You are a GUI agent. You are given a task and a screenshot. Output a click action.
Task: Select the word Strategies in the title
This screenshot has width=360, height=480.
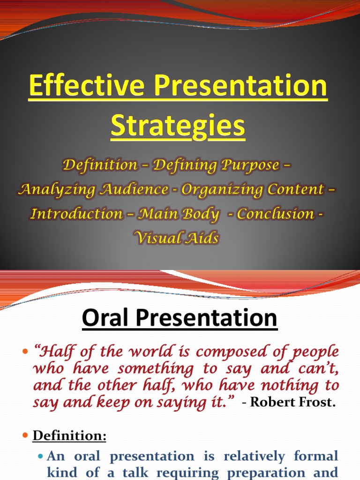tap(178, 125)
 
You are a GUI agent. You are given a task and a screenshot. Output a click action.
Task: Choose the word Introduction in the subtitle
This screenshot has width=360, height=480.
tap(77, 214)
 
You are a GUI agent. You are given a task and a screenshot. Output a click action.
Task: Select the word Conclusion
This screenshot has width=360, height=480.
tap(275, 214)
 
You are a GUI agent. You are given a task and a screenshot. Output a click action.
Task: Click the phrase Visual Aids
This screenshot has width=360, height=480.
tap(177, 239)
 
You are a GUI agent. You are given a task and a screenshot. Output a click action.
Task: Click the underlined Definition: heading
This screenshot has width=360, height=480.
tap(70, 436)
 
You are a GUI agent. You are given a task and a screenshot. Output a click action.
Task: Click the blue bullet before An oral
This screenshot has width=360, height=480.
tap(40, 457)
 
